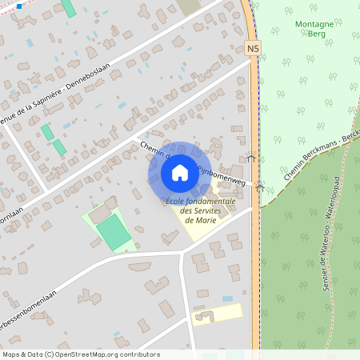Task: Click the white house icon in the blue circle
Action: pos(180,172)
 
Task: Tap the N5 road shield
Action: pos(253,49)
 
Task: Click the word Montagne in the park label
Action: pos(314,25)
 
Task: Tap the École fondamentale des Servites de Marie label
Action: pos(200,210)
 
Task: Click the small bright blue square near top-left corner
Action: pos(18,6)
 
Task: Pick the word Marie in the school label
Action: pos(200,220)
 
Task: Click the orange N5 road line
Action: pos(254,120)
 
